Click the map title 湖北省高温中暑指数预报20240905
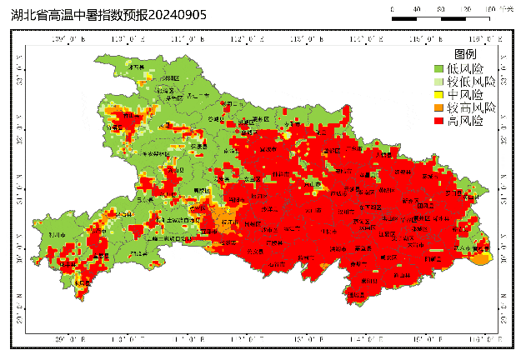click(x=108, y=15)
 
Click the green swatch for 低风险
click(x=438, y=68)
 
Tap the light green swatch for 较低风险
click(x=438, y=82)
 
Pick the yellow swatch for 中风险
click(x=438, y=95)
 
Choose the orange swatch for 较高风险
click(x=438, y=108)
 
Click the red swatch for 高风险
click(x=438, y=122)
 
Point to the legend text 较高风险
click(x=471, y=108)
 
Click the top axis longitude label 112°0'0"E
click(x=243, y=38)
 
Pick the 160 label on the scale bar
click(x=490, y=8)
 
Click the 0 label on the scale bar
click(x=392, y=8)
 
